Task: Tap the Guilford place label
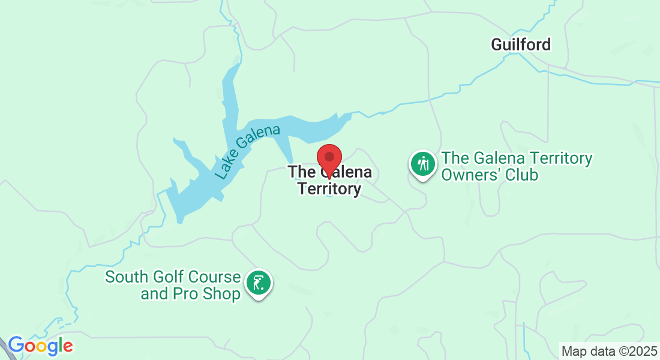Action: (x=520, y=44)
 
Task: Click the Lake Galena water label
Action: (x=247, y=152)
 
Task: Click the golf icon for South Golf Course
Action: (x=259, y=282)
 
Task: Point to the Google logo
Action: (x=40, y=346)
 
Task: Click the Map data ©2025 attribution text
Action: (x=608, y=351)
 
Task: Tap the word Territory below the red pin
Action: (x=329, y=190)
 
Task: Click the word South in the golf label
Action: (x=125, y=277)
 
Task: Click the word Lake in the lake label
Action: (x=224, y=169)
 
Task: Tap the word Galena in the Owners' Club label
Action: (x=491, y=159)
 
